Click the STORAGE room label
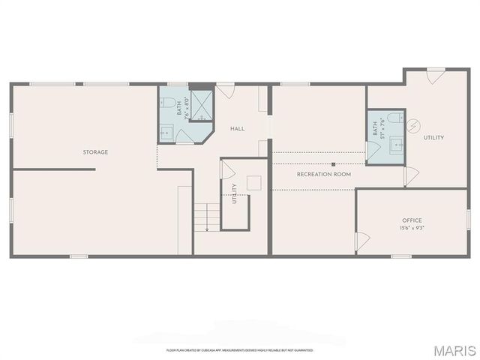pyautogui.click(x=95, y=152)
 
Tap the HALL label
pyautogui.click(x=237, y=129)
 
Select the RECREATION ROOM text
pyautogui.click(x=324, y=174)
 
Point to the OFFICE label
pyautogui.click(x=412, y=220)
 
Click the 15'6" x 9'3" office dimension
pyautogui.click(x=412, y=227)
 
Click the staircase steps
pyautogui.click(x=207, y=217)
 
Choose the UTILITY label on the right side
pyautogui.click(x=433, y=138)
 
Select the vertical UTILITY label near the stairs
pyautogui.click(x=235, y=194)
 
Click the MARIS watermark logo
pyautogui.click(x=454, y=350)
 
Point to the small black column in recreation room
pyautogui.click(x=333, y=163)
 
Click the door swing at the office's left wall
pyautogui.click(x=363, y=241)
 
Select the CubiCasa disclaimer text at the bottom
pyautogui.click(x=239, y=350)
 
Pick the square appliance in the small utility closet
pyautogui.click(x=253, y=182)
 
